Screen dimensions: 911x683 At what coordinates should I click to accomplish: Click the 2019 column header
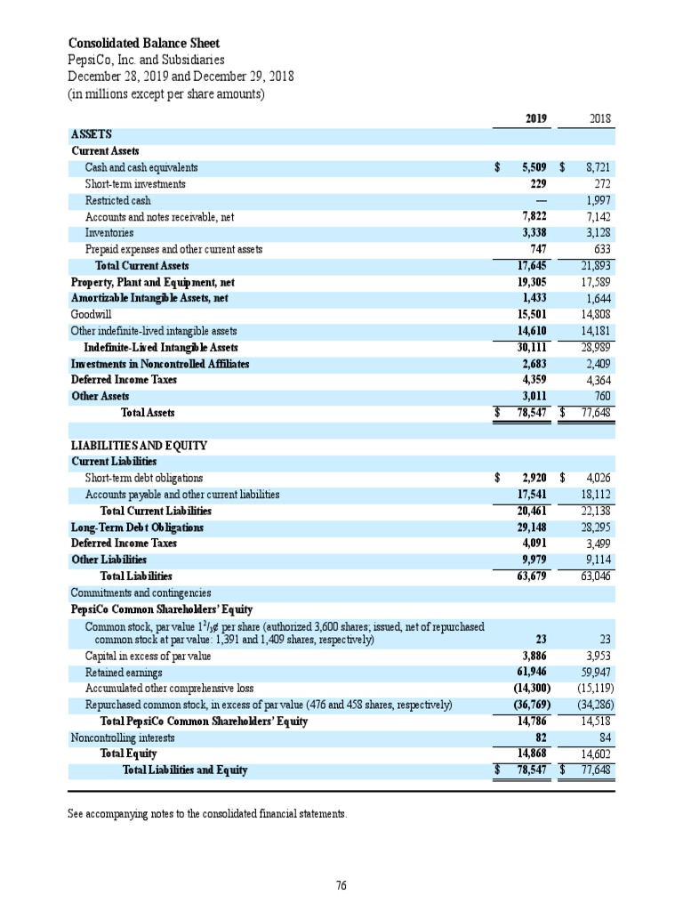pyautogui.click(x=534, y=117)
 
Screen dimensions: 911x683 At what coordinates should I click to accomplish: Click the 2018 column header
pyautogui.click(x=600, y=117)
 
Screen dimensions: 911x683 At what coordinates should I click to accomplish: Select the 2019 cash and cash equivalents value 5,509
pyautogui.click(x=530, y=167)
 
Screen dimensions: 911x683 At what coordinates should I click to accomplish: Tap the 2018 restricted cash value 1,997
pyautogui.click(x=596, y=200)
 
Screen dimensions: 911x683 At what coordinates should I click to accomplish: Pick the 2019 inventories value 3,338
pyautogui.click(x=532, y=233)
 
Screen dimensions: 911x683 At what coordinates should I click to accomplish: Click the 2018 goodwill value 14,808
pyautogui.click(x=594, y=315)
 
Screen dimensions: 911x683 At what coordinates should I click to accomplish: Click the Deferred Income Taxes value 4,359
pyautogui.click(x=532, y=380)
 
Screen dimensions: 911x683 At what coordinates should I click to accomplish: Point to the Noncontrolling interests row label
pyautogui.click(x=123, y=738)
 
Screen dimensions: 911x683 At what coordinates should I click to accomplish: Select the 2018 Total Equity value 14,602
pyautogui.click(x=594, y=754)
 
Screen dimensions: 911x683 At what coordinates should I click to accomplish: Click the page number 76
pyautogui.click(x=341, y=884)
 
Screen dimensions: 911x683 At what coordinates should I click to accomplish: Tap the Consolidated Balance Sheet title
pyautogui.click(x=144, y=44)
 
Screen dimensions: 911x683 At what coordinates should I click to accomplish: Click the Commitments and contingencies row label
pyautogui.click(x=140, y=593)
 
